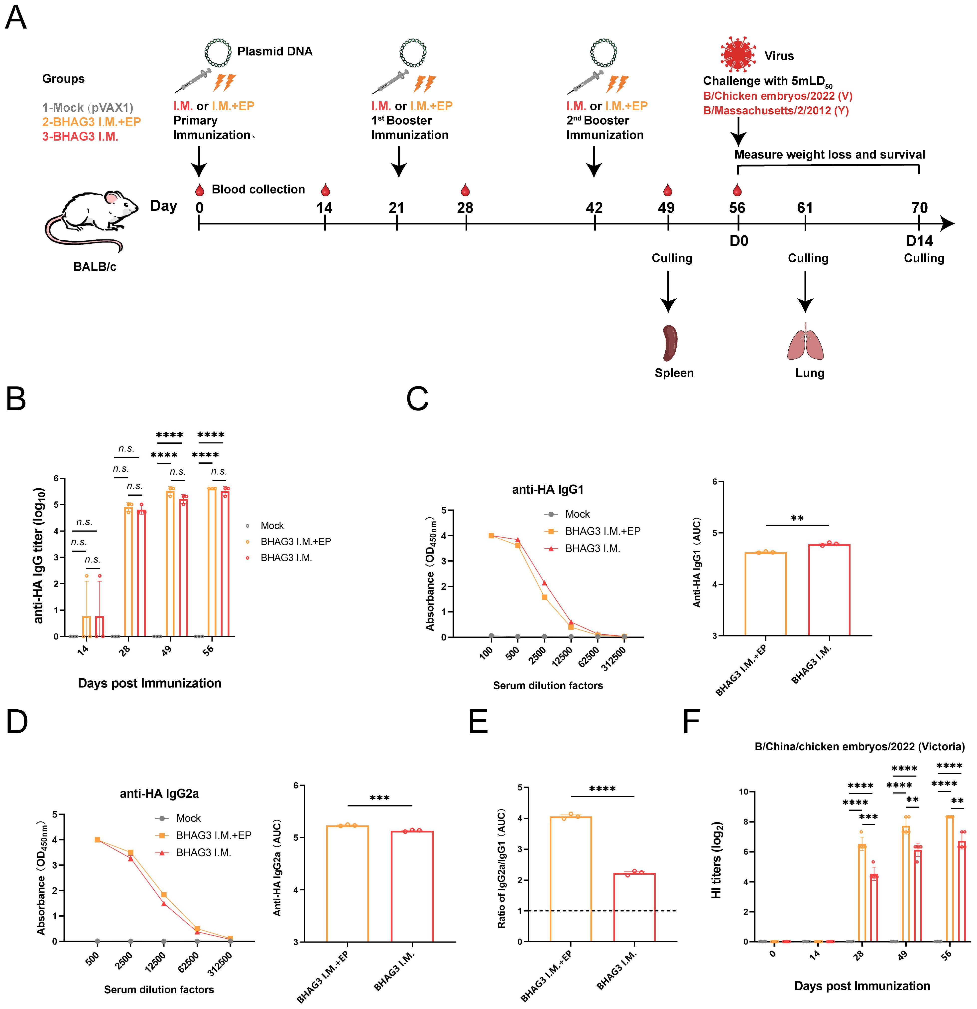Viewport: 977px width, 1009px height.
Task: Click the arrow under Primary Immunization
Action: pos(199,161)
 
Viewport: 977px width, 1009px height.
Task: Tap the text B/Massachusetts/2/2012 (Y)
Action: pos(776,111)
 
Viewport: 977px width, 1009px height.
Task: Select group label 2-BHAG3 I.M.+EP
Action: pos(92,122)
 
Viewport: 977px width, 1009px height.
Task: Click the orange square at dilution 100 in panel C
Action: pos(491,535)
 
